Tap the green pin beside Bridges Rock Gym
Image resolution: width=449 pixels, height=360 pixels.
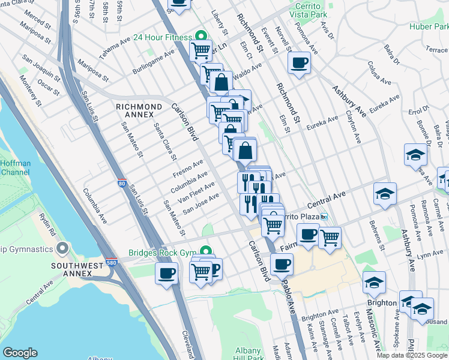[x=205, y=251]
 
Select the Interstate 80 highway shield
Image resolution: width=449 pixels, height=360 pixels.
[x=122, y=185]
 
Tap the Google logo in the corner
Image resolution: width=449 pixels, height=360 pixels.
[x=20, y=352]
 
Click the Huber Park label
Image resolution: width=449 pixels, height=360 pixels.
[x=429, y=26]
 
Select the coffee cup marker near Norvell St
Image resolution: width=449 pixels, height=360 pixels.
[x=299, y=63]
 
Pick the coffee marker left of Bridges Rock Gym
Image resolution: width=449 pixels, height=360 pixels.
[x=167, y=274]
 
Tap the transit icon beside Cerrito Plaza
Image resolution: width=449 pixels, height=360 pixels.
[x=324, y=216]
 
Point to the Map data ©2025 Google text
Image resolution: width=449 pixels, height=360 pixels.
[x=412, y=355]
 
